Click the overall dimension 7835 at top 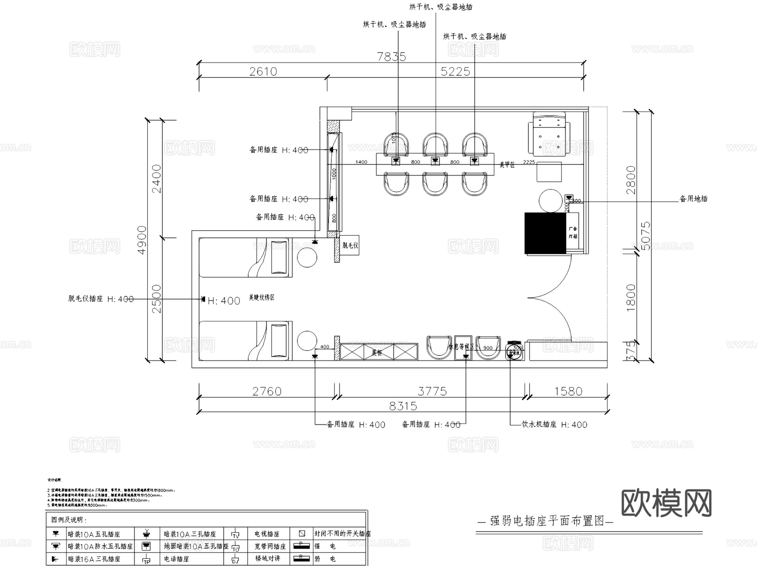coord(391,56)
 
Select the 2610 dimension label coord(263,71)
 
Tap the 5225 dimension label coord(455,71)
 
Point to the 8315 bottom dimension coord(403,406)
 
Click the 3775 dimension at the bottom coord(432,391)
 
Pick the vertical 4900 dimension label coord(142,240)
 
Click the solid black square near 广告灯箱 coord(545,233)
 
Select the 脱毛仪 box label coord(350,245)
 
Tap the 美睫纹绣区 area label coord(261,297)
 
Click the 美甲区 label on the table coord(507,165)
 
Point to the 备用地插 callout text coord(693,199)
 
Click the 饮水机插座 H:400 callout coord(554,424)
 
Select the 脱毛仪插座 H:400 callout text coord(101,299)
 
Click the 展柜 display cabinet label coord(376,353)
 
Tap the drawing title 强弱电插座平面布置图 coord(547,521)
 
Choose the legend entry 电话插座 coord(176,559)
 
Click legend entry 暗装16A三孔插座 coord(94,559)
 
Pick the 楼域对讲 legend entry coord(267,558)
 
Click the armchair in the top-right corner coord(549,133)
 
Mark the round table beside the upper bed coord(307,257)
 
